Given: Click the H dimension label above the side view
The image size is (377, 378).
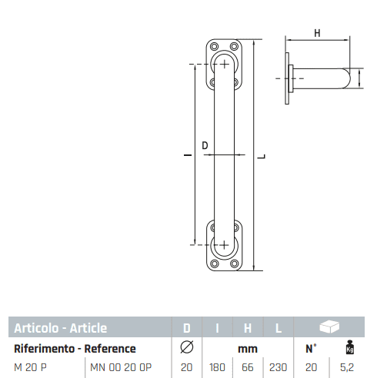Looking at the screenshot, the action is tap(317, 33).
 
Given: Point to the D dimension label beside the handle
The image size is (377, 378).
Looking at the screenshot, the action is tap(205, 145).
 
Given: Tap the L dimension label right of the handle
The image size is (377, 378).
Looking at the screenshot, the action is tap(261, 157).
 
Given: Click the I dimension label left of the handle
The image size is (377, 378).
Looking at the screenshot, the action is tap(188, 155).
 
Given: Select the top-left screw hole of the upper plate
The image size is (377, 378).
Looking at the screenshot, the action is tap(214, 47).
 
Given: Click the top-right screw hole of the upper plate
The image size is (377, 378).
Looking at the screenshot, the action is tap(234, 47).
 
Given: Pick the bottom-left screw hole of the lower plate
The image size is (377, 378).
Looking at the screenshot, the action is tap(214, 264).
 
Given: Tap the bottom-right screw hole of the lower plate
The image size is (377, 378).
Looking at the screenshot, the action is tap(234, 264).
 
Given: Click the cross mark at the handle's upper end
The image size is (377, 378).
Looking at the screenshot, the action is tap(225, 64).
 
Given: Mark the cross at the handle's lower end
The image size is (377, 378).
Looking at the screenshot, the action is tap(224, 245).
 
